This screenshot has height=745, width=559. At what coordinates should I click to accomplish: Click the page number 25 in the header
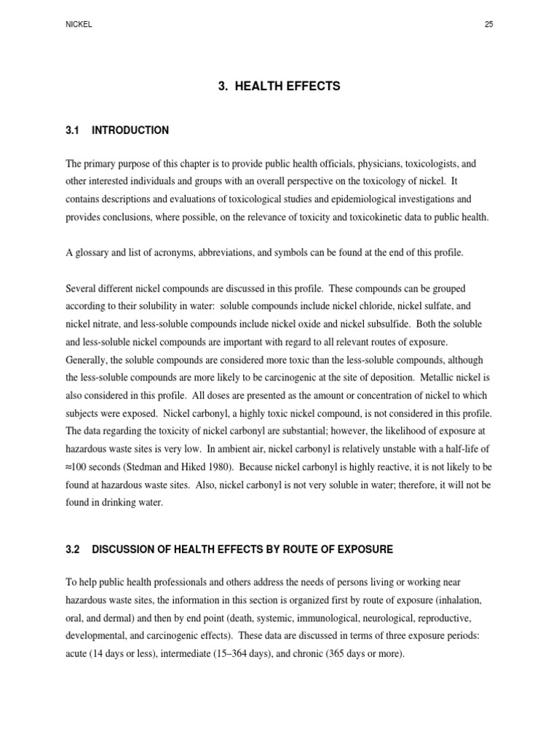pos(488,24)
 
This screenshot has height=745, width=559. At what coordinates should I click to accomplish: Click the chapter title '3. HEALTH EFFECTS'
pos(279,86)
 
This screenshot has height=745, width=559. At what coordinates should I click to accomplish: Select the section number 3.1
pos(71,130)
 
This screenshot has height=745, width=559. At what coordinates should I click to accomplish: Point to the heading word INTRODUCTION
pos(130,130)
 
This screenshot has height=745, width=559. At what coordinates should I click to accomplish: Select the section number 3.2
pos(71,549)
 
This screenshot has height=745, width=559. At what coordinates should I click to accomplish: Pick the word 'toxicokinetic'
pos(366,217)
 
